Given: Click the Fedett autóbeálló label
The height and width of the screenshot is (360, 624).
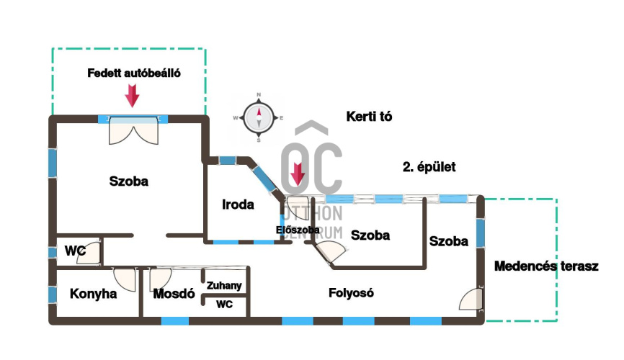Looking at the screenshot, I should click(x=133, y=73).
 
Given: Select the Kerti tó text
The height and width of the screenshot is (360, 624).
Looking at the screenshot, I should click(x=369, y=116).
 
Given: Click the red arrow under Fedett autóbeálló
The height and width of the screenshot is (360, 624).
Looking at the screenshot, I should click(x=132, y=95).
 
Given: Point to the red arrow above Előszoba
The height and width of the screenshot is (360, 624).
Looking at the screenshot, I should click(x=297, y=175).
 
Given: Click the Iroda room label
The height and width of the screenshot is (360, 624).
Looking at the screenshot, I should click(x=238, y=204).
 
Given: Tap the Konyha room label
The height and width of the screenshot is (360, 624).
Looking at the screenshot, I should click(x=93, y=294).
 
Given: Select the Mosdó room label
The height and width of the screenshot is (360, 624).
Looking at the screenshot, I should click(x=174, y=294).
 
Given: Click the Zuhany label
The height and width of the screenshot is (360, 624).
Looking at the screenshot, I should click(x=224, y=286).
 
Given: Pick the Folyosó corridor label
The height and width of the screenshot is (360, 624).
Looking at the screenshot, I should click(x=351, y=293).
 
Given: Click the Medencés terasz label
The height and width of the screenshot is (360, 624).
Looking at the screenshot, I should click(x=547, y=266).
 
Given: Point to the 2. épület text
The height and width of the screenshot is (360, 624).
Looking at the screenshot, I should click(x=429, y=167).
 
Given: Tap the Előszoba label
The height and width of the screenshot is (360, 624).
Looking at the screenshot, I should click(x=298, y=230).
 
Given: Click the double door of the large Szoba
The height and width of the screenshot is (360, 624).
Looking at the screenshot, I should click(x=133, y=132).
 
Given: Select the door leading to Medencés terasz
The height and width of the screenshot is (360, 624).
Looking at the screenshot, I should click(x=469, y=299).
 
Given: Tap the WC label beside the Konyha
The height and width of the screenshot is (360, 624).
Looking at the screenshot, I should click(x=76, y=251).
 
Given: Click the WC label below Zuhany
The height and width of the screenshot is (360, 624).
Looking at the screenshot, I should click(x=225, y=305).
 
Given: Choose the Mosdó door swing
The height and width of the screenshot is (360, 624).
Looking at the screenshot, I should click(x=159, y=277).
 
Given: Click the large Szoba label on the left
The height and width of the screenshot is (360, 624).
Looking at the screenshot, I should click(x=128, y=181).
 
